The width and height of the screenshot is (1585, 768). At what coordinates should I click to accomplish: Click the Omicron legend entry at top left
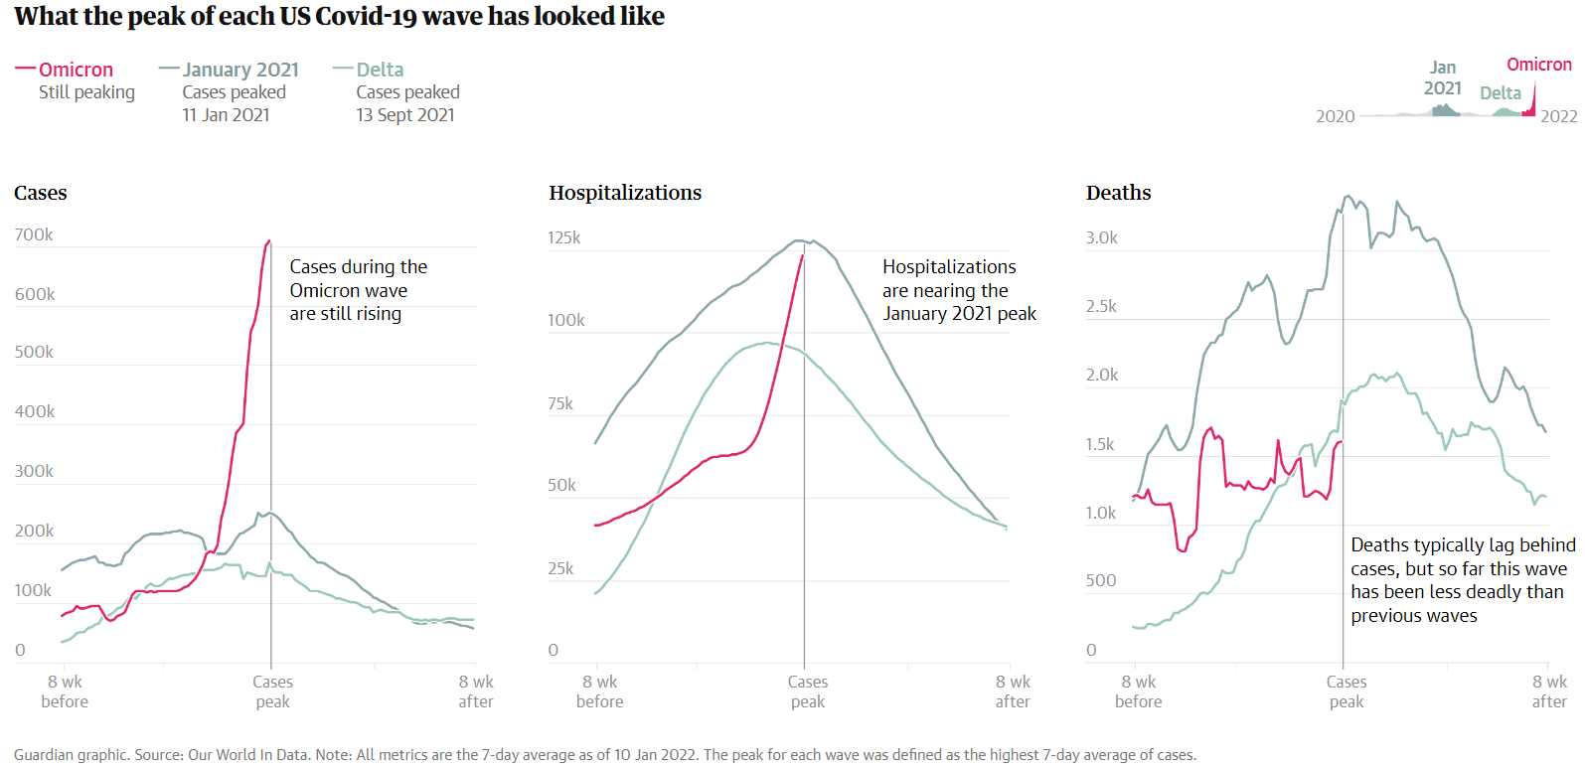coord(76,70)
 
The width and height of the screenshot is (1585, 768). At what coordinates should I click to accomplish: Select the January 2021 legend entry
coord(239,70)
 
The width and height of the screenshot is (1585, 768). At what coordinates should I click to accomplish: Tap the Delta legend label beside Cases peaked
coord(380,70)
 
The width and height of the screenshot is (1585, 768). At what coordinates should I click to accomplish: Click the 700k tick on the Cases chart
coord(34,234)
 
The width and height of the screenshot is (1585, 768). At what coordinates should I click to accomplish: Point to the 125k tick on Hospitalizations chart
coord(563,237)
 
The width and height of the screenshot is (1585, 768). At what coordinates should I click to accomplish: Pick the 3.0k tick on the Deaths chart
coord(1101,237)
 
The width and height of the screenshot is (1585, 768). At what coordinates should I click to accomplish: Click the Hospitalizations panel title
coord(625,193)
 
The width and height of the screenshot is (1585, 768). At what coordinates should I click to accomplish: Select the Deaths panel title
coord(1118,193)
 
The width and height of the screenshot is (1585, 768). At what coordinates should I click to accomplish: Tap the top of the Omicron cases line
coord(268,241)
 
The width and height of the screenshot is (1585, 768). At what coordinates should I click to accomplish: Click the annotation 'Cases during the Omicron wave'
coord(358,278)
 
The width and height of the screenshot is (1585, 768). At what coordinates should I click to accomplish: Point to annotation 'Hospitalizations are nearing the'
coord(949,278)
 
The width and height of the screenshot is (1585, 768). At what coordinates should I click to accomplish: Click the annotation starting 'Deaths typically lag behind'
coord(1463,545)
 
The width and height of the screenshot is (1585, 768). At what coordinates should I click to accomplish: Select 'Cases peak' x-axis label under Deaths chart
coord(1347,691)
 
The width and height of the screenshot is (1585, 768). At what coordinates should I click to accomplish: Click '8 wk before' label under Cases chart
coord(65,691)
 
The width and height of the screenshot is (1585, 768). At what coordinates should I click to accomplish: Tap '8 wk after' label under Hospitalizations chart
coord(1013,691)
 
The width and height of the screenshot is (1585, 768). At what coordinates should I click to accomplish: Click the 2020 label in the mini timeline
coord(1335,116)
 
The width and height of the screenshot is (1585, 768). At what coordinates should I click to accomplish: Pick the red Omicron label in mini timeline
coord(1538,65)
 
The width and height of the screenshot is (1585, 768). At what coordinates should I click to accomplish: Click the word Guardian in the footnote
coord(44,755)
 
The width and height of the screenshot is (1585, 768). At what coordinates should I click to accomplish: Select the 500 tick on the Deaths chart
coord(1100,580)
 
